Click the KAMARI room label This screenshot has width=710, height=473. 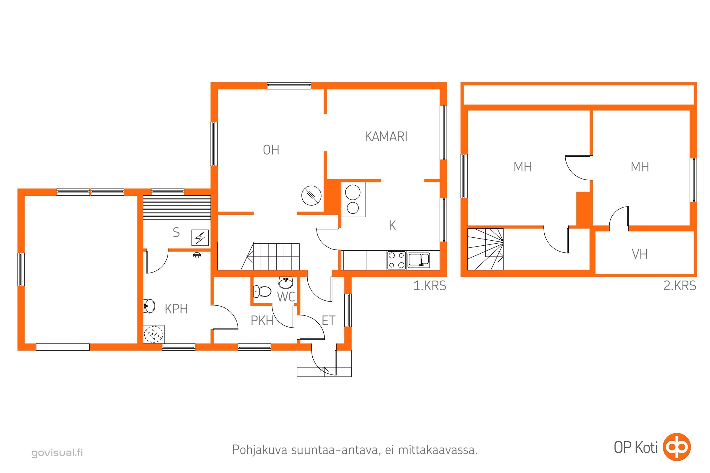(x=386, y=136)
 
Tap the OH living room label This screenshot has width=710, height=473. (x=271, y=150)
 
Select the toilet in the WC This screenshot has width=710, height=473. (x=262, y=291)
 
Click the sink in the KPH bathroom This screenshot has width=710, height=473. (x=149, y=306)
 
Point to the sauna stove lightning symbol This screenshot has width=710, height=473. (x=200, y=238)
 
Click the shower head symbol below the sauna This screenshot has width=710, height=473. (x=197, y=255)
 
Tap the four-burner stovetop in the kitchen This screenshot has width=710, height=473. (x=396, y=260)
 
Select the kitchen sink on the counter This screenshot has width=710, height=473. (x=419, y=260)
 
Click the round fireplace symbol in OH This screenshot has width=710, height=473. (x=312, y=196)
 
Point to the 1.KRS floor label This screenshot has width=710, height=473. (x=430, y=286)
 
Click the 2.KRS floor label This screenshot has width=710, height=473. (x=680, y=286)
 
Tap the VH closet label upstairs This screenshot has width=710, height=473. (x=640, y=254)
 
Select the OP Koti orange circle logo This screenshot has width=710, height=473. (x=677, y=447)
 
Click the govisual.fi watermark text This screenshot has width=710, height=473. (x=57, y=453)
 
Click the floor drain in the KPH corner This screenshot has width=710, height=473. (x=154, y=334)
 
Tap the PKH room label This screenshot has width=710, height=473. (x=262, y=320)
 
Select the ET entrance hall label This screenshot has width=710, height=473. (x=328, y=320)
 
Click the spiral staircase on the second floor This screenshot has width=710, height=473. (x=485, y=249)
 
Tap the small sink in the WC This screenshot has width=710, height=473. (x=285, y=283)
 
